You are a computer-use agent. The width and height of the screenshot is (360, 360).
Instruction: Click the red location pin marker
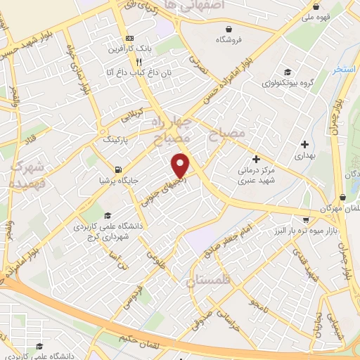[x=181, y=165]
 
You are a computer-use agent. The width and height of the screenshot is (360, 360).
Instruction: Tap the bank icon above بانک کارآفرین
[x=128, y=38]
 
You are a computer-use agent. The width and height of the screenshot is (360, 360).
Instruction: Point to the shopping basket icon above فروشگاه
[x=229, y=27]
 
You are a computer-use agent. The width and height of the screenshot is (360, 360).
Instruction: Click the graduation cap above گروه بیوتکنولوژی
[x=287, y=72]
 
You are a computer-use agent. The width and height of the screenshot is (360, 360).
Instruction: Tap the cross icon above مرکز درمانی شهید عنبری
[x=255, y=160]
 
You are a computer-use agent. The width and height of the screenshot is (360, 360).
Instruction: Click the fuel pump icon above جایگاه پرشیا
[x=117, y=169]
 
